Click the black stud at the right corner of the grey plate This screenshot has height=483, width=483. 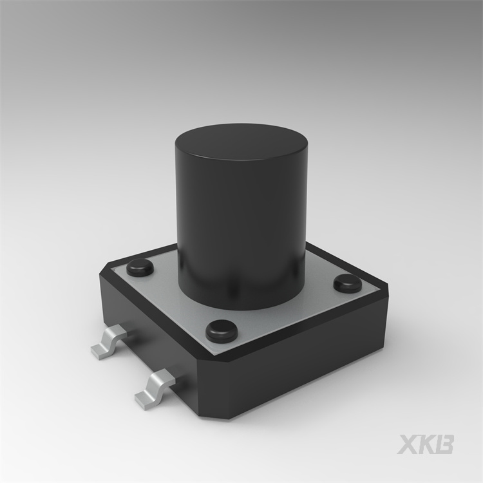[348, 284]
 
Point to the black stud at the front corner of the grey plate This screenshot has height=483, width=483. [222, 331]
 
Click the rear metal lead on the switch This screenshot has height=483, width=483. [109, 343]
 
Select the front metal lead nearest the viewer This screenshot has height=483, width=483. [155, 390]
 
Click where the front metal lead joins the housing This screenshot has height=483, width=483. [173, 382]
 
